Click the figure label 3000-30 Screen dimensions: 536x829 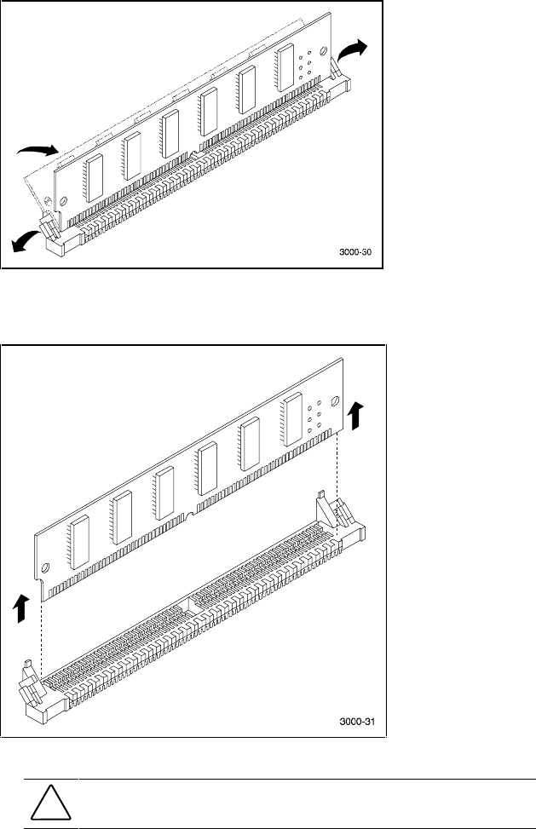(x=355, y=253)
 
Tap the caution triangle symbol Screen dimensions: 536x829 (x=51, y=803)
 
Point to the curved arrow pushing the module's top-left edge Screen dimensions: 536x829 (x=38, y=151)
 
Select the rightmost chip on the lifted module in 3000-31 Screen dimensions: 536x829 (x=292, y=420)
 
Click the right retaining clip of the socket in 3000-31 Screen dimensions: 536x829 (x=328, y=515)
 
